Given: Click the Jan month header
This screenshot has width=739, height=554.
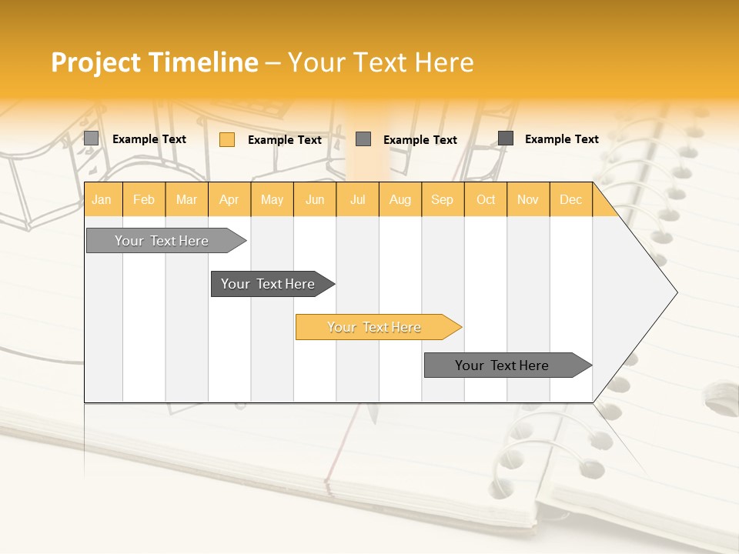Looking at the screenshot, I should pos(102,199).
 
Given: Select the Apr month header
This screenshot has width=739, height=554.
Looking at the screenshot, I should pos(229,199).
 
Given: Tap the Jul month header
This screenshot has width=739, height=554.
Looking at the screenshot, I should pos(357,199).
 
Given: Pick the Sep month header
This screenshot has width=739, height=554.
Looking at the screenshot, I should pos(442,199).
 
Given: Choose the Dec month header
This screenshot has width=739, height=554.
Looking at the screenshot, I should pos(570,199).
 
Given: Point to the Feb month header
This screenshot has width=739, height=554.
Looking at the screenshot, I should pos(144,199).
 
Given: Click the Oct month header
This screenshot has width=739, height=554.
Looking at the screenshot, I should pos(486,199).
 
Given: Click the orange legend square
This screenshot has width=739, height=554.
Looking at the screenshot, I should pos(227,139).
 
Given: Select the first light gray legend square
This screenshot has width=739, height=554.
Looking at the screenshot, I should pos(91,138).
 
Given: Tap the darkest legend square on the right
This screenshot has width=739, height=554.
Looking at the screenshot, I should pos(506,138).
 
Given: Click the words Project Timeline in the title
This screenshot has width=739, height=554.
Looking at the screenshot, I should pos(154,62).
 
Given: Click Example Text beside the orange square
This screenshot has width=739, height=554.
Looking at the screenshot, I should pos(285,140).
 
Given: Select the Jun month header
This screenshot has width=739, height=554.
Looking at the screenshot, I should pos(315,199).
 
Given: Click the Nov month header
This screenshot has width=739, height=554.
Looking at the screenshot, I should pos(528,199).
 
